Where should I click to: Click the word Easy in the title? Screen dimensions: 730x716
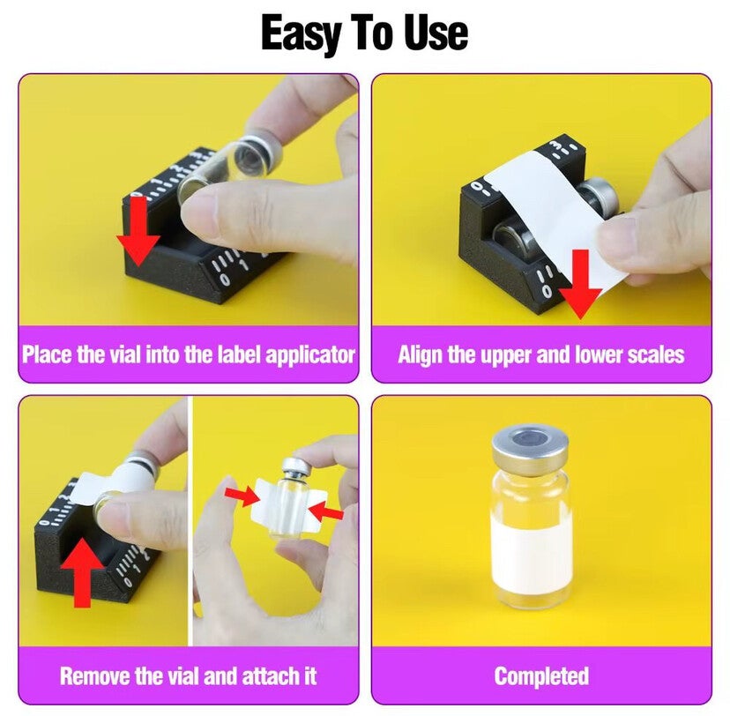coord(301,34)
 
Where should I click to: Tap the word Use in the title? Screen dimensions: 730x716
coord(436,33)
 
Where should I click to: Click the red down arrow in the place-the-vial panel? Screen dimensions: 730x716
coord(138,231)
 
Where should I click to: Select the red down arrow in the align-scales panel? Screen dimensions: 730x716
coord(580,284)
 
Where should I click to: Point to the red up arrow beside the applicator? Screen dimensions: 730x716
coord(82,572)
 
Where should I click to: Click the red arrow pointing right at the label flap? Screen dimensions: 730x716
coord(242,496)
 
